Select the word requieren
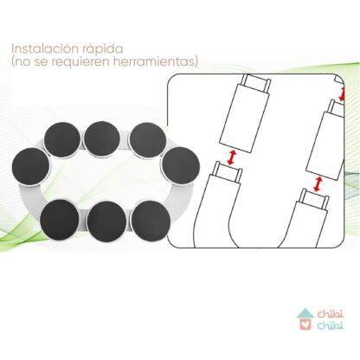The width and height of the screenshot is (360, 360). pos(81,62)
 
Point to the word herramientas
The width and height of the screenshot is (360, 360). pos(152,61)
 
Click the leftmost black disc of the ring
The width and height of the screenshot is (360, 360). pos(30,167)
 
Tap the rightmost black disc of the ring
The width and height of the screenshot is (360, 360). pos(181,165)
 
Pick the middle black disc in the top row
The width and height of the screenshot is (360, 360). pos(102,139)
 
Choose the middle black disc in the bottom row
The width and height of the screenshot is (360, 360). pos(106,222)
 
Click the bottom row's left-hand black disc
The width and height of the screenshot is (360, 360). pos(60,220)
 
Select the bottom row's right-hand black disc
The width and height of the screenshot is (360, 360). pos(151,221)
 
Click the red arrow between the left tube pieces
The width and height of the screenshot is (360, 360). pos(232,157)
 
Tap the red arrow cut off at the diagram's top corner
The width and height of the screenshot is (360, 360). pos(343,94)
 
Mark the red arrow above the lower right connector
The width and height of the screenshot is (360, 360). pos(318,184)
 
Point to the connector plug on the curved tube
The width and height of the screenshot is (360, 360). pos(228,171)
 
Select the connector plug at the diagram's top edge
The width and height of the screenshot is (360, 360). pos(255,82)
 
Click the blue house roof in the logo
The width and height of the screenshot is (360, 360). pos(305,313)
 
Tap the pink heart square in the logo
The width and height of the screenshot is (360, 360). pos(305,325)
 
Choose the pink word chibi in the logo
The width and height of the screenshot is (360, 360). pos(331,314)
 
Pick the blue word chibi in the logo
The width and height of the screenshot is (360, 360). pos(331,325)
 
